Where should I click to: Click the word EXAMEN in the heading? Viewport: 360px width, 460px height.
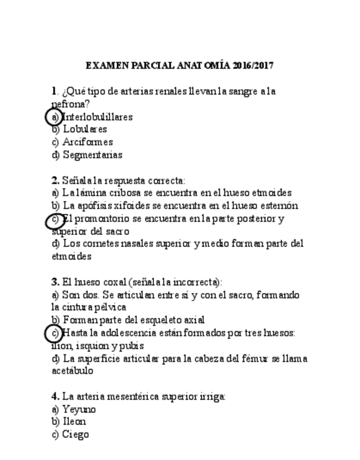tap(107, 66)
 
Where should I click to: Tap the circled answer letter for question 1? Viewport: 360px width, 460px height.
tap(53, 117)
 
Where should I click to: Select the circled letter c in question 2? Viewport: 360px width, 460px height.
tap(54, 220)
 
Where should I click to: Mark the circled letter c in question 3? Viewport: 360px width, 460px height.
tap(54, 333)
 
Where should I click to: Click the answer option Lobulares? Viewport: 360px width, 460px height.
tap(85, 129)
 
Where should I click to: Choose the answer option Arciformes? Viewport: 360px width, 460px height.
tap(88, 142)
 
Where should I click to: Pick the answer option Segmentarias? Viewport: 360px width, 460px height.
tap(92, 155)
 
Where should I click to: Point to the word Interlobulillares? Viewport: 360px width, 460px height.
tap(98, 117)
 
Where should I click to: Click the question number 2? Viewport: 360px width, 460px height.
tap(55, 180)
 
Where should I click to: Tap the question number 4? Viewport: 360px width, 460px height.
tap(55, 396)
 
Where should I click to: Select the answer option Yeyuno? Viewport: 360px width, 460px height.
tap(79, 409)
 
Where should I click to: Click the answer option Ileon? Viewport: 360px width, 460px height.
tap(74, 421)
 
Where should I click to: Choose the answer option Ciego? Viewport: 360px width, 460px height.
tap(75, 434)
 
